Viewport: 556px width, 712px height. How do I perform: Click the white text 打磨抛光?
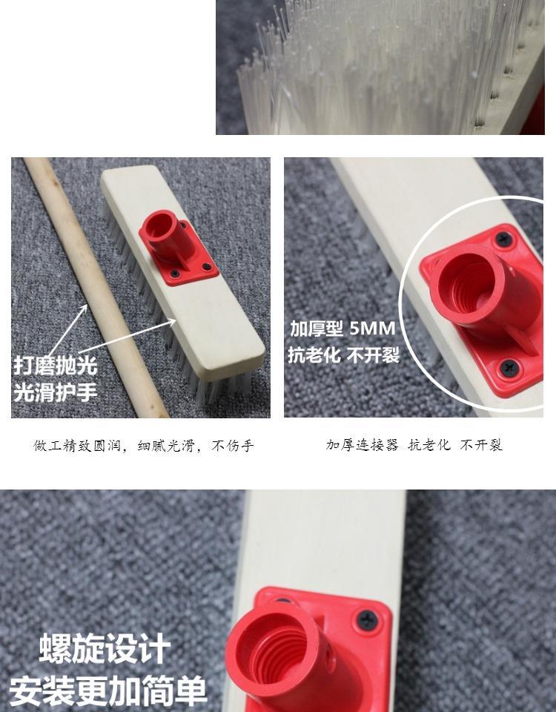pos(56,365)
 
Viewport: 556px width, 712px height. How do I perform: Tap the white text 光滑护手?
pos(56,392)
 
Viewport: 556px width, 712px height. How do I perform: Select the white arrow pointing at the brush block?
pos(127,337)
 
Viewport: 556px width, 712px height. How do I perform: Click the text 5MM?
pos(373,329)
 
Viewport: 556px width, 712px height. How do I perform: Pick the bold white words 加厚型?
pos(317,329)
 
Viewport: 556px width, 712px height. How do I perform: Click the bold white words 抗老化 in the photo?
pos(314,355)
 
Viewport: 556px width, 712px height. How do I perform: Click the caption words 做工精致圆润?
pos(77,446)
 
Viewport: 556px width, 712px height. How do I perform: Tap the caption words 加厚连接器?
pos(363,445)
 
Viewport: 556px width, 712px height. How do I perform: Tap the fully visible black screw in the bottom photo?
pos(368,619)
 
